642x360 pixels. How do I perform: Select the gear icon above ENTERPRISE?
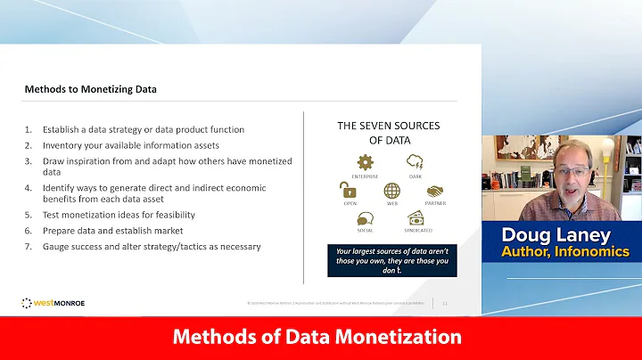pos(364,162)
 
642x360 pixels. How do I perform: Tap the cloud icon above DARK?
pos(415,162)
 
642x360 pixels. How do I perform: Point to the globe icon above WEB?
pos(391,190)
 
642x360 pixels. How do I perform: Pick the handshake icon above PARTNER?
pos(434,191)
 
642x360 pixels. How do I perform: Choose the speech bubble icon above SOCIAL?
pos(365,217)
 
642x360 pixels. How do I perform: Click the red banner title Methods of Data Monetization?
pos(317,338)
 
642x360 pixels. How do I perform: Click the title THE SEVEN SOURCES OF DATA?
pos(388,132)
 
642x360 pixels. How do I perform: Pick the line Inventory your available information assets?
pos(127,145)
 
